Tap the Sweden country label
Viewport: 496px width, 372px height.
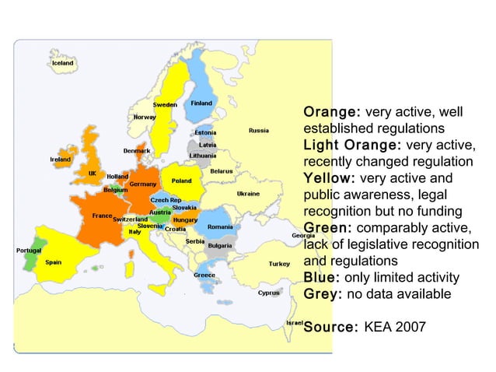pos(164,104)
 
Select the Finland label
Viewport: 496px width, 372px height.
pos(202,104)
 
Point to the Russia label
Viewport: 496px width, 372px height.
pos(259,130)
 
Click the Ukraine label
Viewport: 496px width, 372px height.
pos(248,193)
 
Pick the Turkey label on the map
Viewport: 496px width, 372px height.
pos(279,264)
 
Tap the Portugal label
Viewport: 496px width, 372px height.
pos(30,250)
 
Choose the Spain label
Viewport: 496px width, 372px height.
pos(54,262)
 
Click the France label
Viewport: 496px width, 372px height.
pos(102,215)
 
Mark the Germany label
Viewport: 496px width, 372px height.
pos(143,184)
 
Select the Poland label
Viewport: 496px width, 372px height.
pos(182,181)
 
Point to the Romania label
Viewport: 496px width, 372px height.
pos(220,226)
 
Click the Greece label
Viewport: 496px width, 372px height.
pos(204,275)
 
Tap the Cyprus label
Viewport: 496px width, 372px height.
pos(269,293)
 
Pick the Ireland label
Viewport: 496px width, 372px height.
pos(61,159)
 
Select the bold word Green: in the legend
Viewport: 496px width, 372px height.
pos(327,227)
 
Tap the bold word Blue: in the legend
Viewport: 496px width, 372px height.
pos(321,278)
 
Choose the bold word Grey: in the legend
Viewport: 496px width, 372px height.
pos(323,294)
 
